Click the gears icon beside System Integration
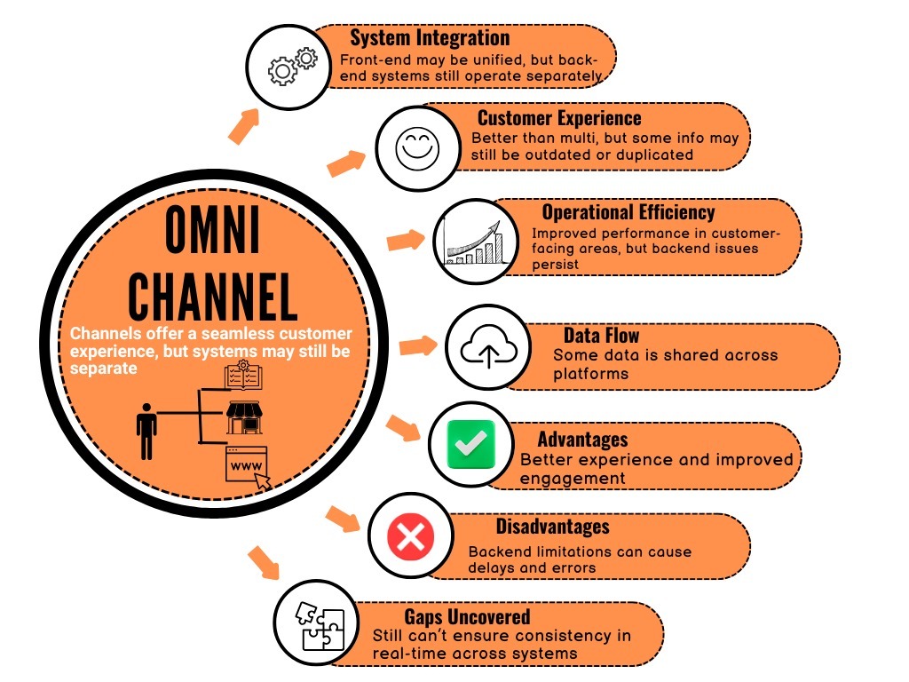(x=293, y=66)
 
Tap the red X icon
(x=409, y=535)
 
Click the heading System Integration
(x=430, y=37)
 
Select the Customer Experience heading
(x=559, y=118)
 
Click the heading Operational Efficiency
(x=628, y=212)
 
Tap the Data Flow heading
(x=601, y=335)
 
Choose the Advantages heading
(x=582, y=440)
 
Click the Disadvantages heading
(x=553, y=527)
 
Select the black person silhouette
(x=146, y=430)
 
